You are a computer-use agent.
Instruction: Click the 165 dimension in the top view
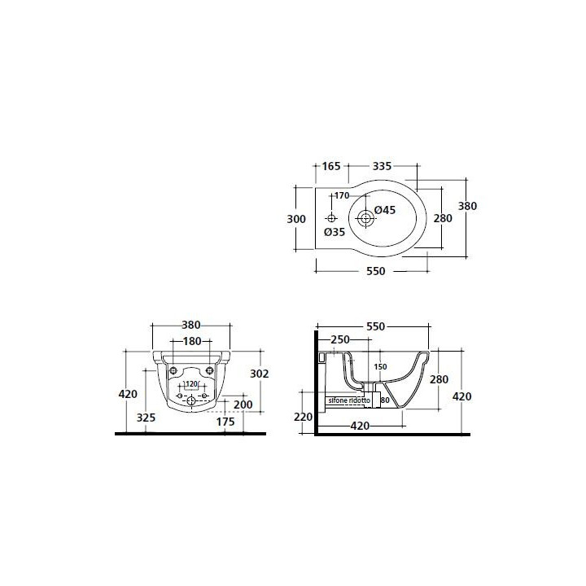[331, 166]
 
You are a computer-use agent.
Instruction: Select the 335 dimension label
[382, 166]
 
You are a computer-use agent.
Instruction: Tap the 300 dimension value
[296, 219]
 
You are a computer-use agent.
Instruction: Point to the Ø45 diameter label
[385, 210]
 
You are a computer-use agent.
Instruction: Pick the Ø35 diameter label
[335, 232]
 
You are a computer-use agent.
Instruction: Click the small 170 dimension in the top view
[342, 195]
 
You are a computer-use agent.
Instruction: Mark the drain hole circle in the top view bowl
[365, 218]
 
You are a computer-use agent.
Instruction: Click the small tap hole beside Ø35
[331, 218]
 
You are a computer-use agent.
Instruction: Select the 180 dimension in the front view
[192, 341]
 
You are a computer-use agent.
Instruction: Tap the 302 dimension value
[260, 374]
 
